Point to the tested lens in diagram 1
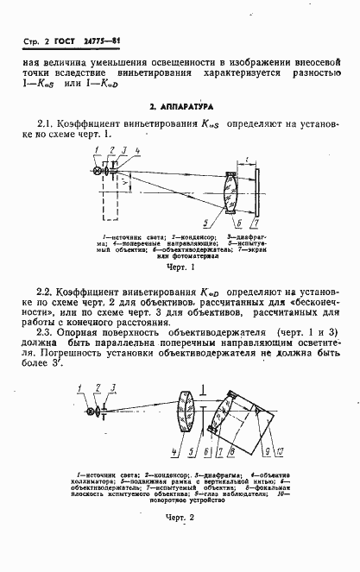click(x=230, y=192)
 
